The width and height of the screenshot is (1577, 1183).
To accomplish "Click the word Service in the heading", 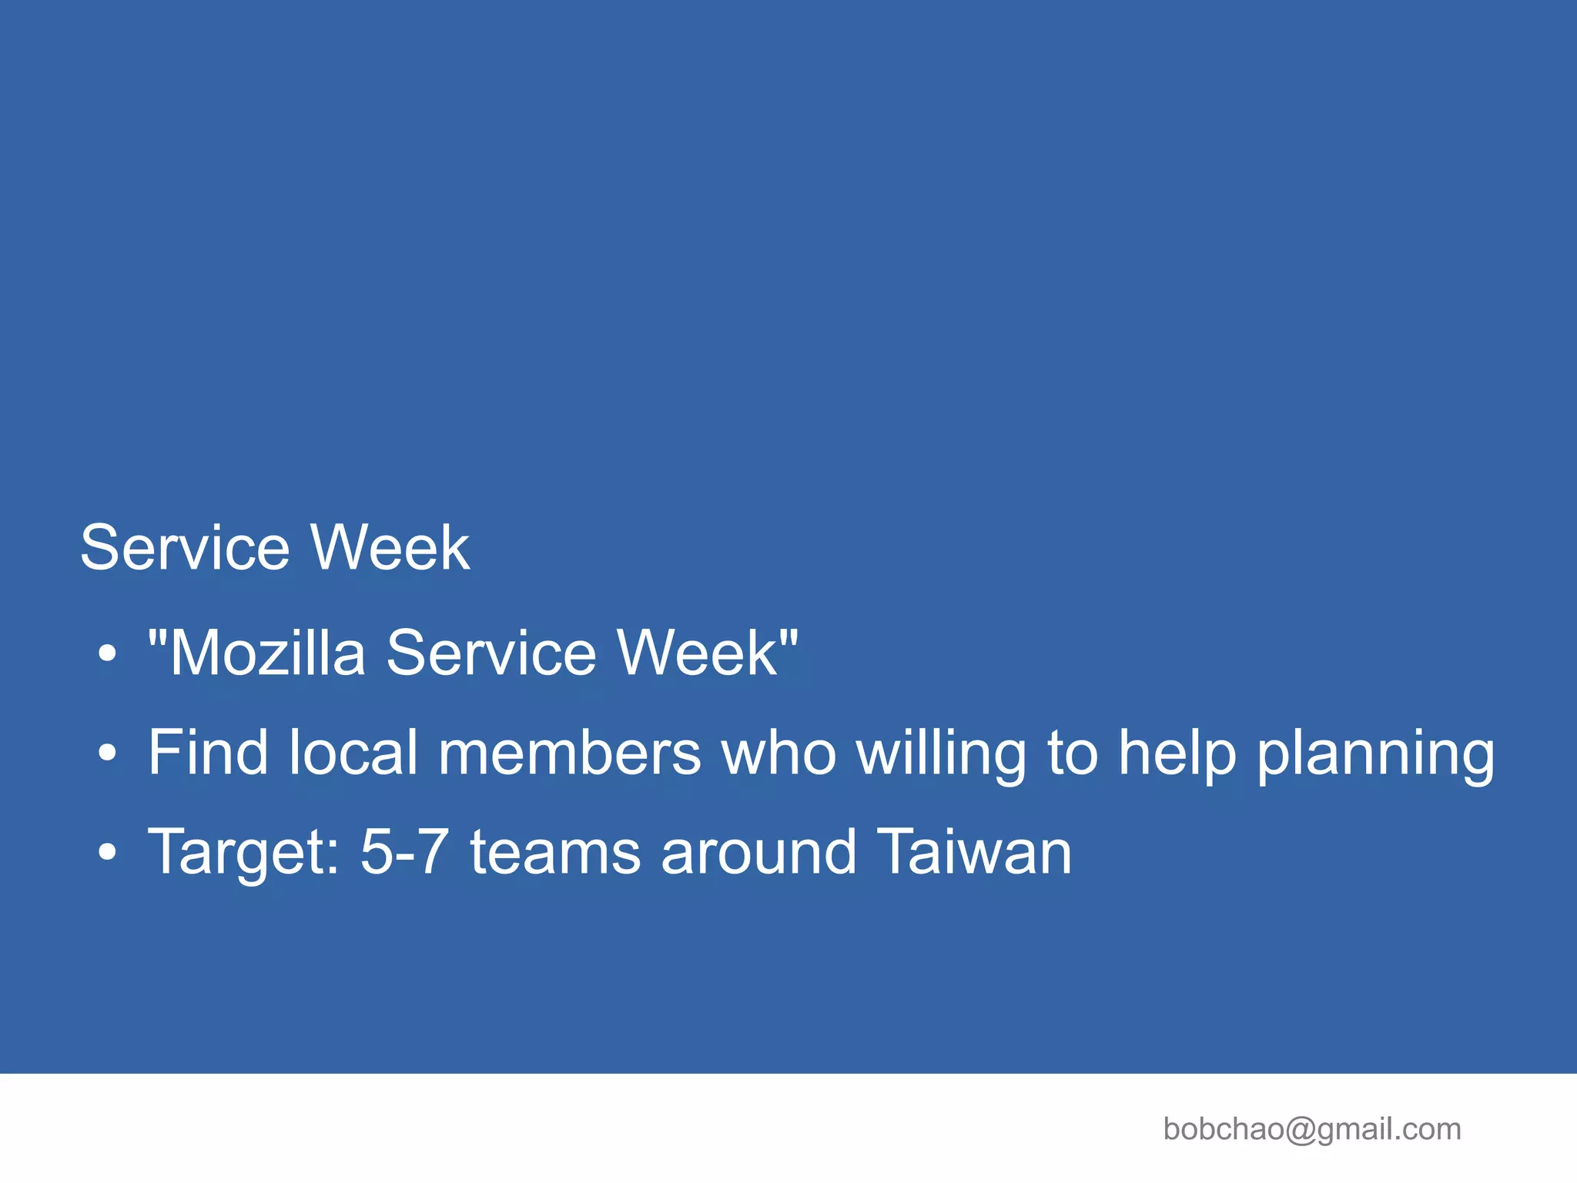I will click(x=185, y=547).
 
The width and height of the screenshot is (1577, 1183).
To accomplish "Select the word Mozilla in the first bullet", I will click(x=266, y=653).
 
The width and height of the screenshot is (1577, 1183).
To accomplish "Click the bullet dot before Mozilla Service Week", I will click(x=108, y=654).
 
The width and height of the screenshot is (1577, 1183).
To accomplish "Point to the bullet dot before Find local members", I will click(x=108, y=754).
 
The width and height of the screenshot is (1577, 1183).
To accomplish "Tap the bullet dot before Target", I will click(x=108, y=853).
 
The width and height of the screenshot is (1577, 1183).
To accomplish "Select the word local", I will click(x=353, y=752).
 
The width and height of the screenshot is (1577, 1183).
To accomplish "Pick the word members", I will click(x=570, y=752).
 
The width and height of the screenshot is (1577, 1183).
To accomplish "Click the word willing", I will click(x=942, y=752).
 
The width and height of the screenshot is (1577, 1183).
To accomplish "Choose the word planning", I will click(x=1376, y=752).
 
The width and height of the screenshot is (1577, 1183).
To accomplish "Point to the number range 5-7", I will click(x=404, y=851).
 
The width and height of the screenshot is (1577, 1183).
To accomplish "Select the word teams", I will click(x=555, y=851).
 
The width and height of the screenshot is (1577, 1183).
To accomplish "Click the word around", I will click(x=758, y=851).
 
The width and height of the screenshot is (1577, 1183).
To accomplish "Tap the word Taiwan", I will click(x=974, y=851).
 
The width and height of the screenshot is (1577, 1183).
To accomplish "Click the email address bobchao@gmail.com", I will click(x=1312, y=1129).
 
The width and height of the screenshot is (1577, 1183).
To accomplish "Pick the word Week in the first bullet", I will click(x=699, y=653).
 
